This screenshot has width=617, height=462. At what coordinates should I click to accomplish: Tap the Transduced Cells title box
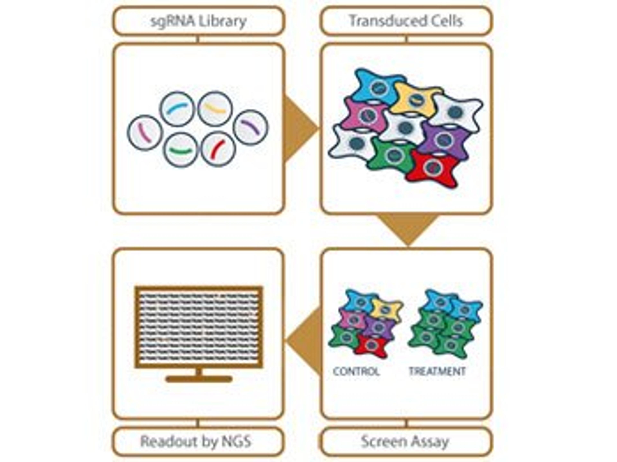pos(406,21)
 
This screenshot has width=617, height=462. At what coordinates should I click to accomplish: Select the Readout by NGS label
pos(196,441)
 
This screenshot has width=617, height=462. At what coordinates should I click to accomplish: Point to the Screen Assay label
pos(405,441)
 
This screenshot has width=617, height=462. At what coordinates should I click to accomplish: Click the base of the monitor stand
pos(199,379)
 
